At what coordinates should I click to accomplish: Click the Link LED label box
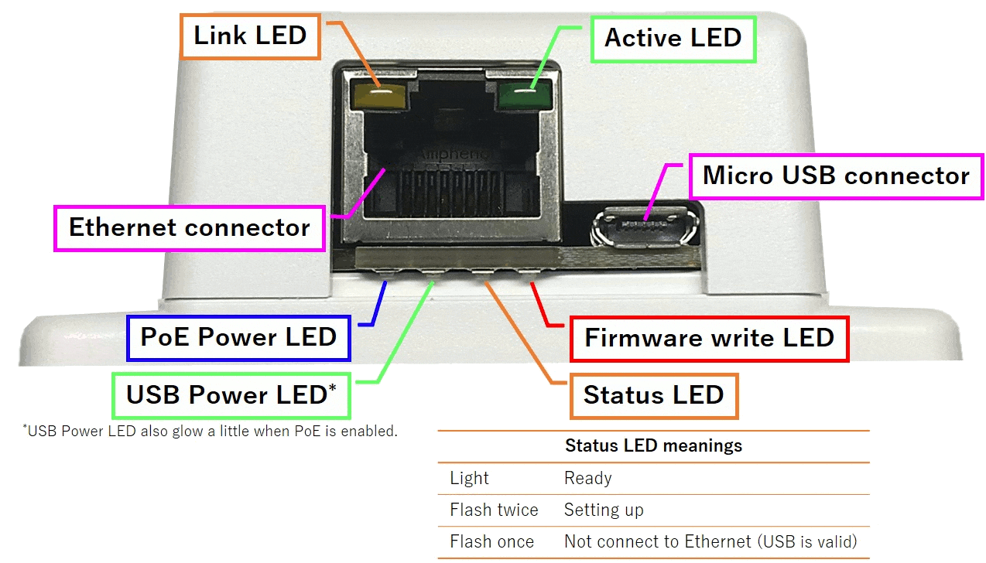250,36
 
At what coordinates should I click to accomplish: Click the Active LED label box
673,38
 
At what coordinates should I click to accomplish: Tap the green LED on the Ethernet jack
520,96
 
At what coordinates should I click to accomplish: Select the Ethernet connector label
190,228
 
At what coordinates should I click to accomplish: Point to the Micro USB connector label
835,176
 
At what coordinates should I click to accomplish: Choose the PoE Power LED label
238,337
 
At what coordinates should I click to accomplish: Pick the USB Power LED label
231,395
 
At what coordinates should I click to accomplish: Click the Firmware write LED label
709,338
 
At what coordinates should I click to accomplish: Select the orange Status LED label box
653,395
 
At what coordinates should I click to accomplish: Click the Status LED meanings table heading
653,446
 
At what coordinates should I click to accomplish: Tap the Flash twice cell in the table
494,510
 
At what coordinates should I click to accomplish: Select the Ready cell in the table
588,479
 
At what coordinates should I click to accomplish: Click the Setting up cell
604,510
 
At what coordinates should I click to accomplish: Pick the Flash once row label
491,542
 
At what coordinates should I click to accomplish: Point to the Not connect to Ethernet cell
710,542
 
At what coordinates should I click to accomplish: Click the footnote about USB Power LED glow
211,432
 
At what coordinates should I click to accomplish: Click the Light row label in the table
469,479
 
